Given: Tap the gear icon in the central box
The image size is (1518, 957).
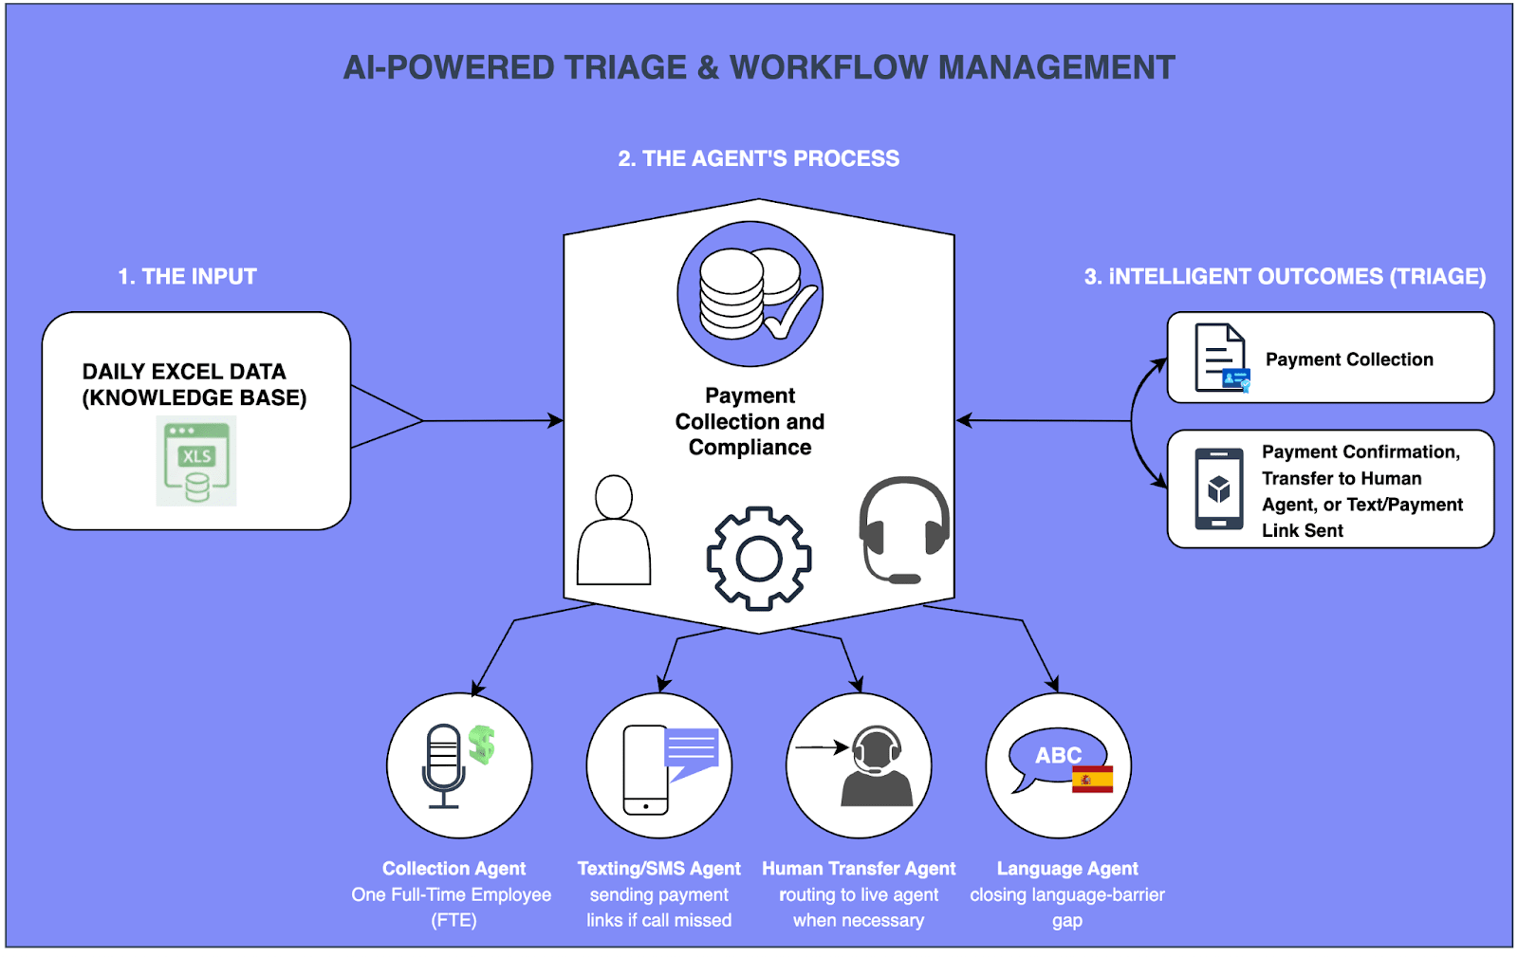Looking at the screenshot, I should point(758,558).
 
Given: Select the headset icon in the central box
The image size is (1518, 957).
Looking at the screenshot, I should point(903,529).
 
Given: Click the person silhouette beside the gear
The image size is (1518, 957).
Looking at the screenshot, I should point(614,531).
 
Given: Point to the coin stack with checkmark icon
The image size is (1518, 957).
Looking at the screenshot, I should point(750,294).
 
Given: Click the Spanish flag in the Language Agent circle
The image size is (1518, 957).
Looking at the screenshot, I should point(1092,779).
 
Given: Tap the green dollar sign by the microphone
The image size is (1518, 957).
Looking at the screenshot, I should point(482,745).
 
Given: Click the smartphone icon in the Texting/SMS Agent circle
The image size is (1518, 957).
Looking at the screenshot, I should point(645,769).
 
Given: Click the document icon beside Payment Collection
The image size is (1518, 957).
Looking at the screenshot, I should point(1222,359).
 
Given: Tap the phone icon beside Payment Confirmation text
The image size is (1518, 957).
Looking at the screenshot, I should point(1219,489).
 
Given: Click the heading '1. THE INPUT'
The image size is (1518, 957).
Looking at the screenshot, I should point(187,277).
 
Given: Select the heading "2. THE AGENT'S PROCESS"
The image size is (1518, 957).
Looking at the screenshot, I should point(758,158).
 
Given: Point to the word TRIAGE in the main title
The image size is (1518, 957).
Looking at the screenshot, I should point(625,68).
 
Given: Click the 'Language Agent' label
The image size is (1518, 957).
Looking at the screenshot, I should point(1066,869).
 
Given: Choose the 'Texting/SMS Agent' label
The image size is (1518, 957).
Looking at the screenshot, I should point(658,869).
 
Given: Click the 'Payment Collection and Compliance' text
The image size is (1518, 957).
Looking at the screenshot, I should point(750,421).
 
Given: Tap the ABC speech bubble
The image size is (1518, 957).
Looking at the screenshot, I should point(1055,757).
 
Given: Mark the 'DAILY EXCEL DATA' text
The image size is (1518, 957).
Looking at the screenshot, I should point(184,372).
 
